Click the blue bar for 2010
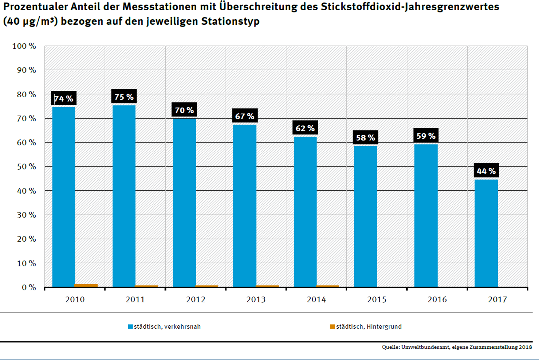pyautogui.click(x=64, y=197)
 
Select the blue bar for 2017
pyautogui.click(x=486, y=233)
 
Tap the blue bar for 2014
pyautogui.click(x=305, y=211)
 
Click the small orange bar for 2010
pyautogui.click(x=86, y=285)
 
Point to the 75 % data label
pyautogui.click(x=124, y=97)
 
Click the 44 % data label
pyautogui.click(x=486, y=171)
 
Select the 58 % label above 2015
pyautogui.click(x=365, y=138)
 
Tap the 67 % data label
pyautogui.click(x=245, y=116)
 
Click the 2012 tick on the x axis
pyautogui.click(x=196, y=300)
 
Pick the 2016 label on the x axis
pyautogui.click(x=437, y=300)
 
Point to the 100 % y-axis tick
pyautogui.click(x=24, y=46)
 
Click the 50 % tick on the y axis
pyautogui.click(x=26, y=167)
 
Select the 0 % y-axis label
pyautogui.click(x=29, y=287)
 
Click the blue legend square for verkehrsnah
pyautogui.click(x=130, y=326)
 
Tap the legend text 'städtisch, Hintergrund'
pyautogui.click(x=369, y=326)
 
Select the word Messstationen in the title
pyautogui.click(x=169, y=7)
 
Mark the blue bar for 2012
pyautogui.click(x=184, y=202)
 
